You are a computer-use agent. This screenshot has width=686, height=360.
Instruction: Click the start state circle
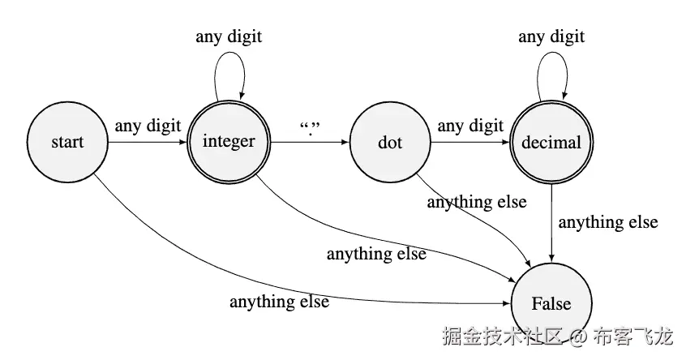[67, 143]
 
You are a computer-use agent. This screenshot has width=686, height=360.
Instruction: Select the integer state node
[229, 143]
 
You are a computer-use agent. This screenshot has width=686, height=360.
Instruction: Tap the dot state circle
[390, 143]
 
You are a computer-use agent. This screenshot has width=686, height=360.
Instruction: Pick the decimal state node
[551, 143]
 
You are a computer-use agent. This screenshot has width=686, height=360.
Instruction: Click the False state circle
[551, 304]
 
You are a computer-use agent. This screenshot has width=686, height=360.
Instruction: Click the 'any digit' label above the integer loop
[229, 36]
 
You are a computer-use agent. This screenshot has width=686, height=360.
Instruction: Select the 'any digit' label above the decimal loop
[551, 36]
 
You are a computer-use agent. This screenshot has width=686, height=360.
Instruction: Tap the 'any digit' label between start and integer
[148, 126]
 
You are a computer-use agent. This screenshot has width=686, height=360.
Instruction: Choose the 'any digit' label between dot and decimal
[470, 126]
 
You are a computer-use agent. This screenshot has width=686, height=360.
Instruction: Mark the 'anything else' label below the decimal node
[608, 221]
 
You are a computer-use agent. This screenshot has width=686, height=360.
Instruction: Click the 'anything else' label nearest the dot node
[477, 202]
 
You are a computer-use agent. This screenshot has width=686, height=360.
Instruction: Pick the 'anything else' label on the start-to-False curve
[279, 302]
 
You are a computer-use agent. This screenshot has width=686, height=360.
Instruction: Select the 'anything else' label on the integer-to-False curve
[376, 254]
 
